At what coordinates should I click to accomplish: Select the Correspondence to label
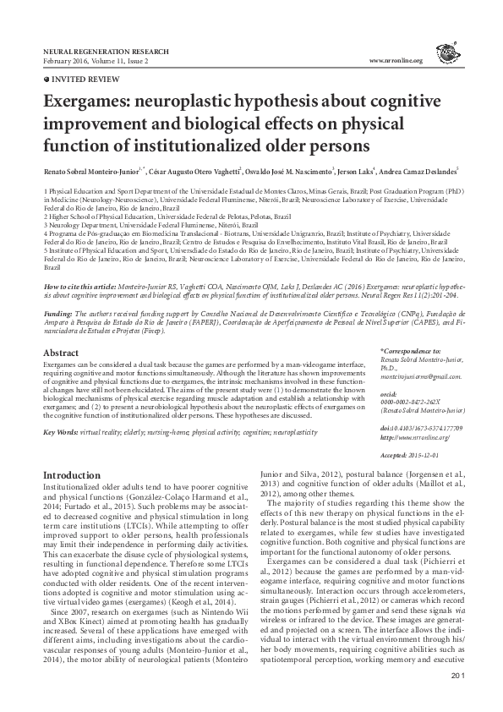pyautogui.click(x=412, y=350)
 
